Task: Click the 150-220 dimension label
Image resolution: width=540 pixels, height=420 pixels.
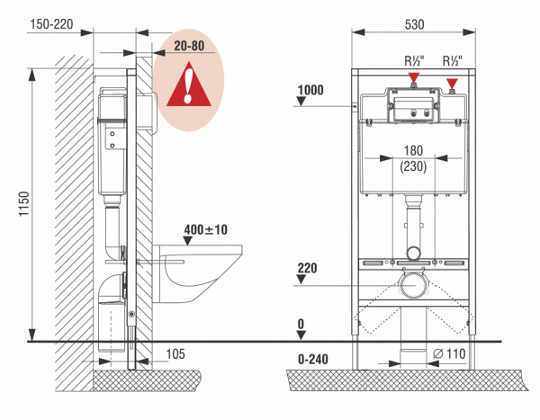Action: click(x=51, y=24)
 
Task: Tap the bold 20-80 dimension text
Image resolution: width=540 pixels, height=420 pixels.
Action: click(x=189, y=46)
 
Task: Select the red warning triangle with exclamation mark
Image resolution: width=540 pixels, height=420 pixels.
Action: click(x=189, y=84)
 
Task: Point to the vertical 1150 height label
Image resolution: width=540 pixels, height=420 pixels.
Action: click(x=24, y=204)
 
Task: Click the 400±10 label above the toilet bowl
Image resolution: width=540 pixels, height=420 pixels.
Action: click(x=205, y=229)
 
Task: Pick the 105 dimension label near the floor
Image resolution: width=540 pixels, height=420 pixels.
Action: click(x=175, y=354)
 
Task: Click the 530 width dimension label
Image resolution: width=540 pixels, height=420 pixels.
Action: click(x=414, y=25)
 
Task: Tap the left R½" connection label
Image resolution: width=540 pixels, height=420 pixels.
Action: click(x=414, y=61)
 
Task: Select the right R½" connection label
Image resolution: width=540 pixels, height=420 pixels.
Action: click(x=452, y=61)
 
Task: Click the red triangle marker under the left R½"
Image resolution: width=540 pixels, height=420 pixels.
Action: click(x=414, y=77)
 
